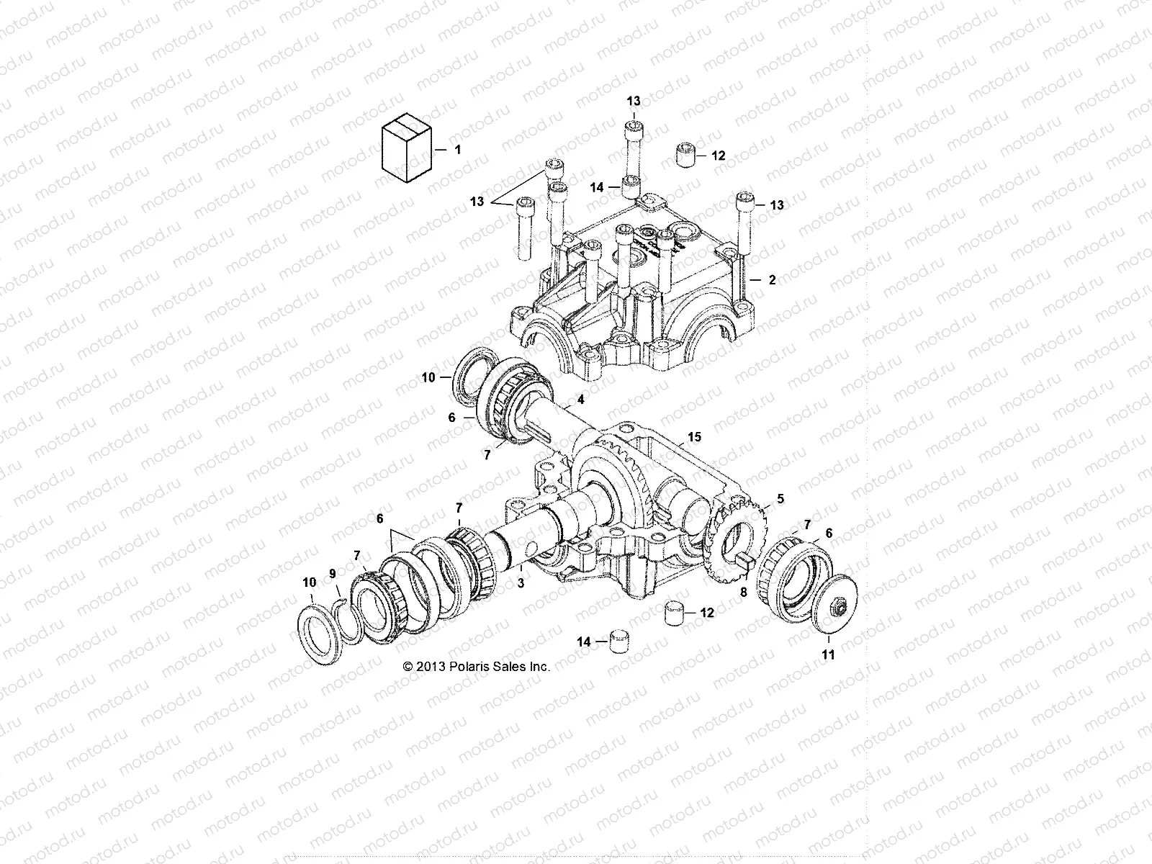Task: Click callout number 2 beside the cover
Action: pos(772,280)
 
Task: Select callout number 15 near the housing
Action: pos(694,437)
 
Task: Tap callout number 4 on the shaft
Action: pos(580,399)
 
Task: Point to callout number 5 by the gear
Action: pos(780,498)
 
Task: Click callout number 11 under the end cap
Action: pos(829,655)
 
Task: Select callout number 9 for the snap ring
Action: pos(332,573)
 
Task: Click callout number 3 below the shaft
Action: pos(521,584)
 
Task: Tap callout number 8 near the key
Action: pos(744,592)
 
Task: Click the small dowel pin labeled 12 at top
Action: pos(685,155)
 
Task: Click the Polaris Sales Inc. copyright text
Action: pos(477,667)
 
